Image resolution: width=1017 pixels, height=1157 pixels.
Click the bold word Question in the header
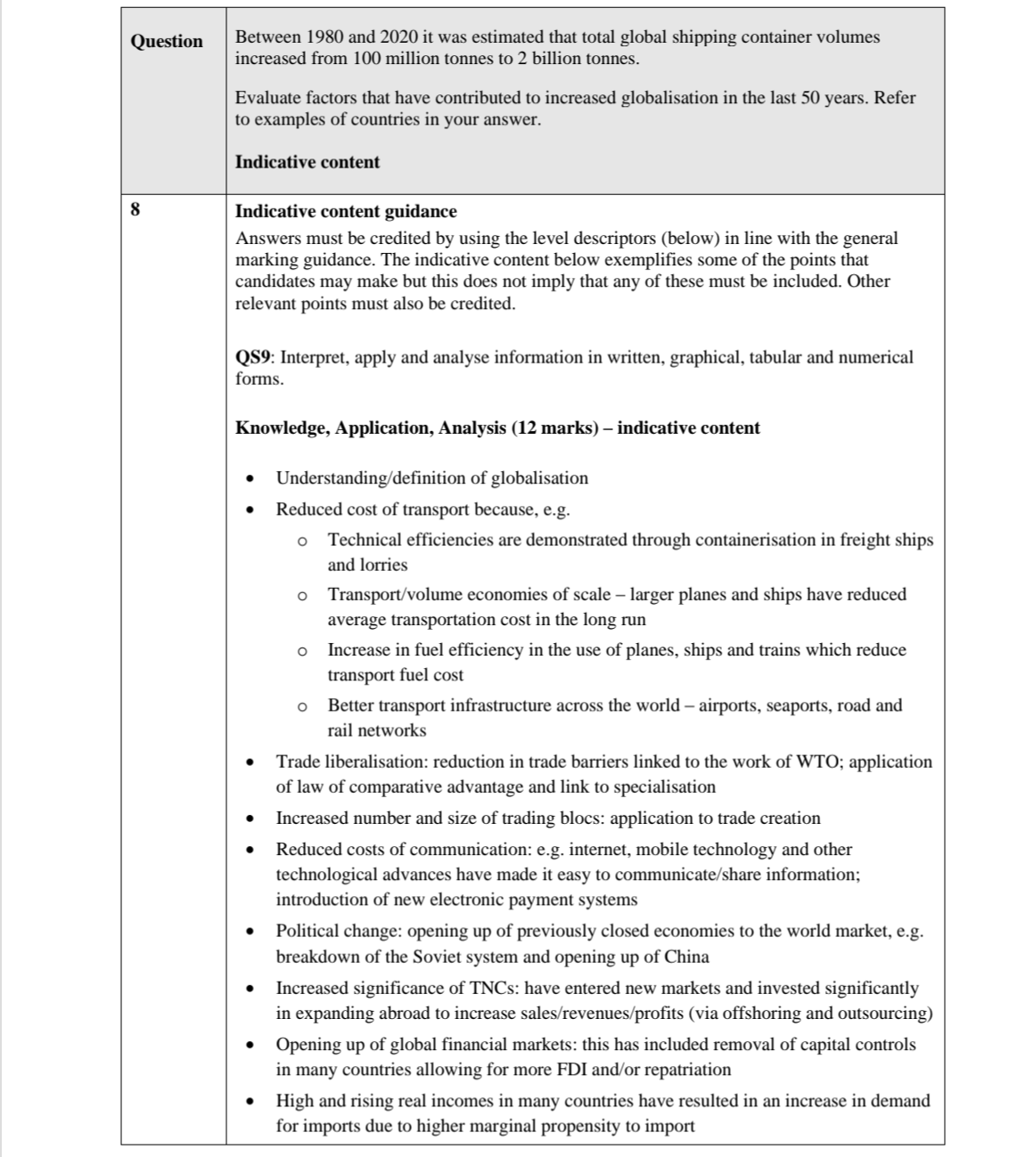pos(167,41)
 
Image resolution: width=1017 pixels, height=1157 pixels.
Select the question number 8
pos(135,211)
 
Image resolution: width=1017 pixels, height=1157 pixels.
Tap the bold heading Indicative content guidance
pos(346,212)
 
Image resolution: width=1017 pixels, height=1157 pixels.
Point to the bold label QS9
pos(254,358)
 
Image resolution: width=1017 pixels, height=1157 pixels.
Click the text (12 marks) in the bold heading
pos(554,428)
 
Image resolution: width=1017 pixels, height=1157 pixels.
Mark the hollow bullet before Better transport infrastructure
pos(303,706)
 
